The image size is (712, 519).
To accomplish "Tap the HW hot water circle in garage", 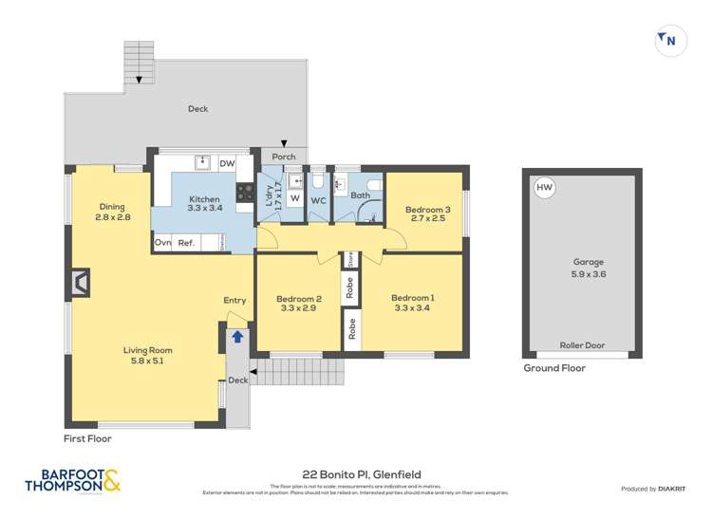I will coord(545,189).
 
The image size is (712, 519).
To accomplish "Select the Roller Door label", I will coord(582,345).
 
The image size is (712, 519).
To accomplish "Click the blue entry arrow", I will coord(237,335).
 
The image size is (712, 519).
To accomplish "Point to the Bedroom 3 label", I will coord(424,209).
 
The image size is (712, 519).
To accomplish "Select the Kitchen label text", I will coord(204,199).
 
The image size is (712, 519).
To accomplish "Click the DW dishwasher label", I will coord(227,164).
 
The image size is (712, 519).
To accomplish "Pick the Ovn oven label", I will coord(163,243).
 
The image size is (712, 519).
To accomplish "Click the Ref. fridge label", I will coord(186,243).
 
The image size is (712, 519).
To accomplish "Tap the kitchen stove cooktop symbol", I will coord(244,194).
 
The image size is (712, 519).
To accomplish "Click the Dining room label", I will coord(112,207).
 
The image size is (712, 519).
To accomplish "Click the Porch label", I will coord(283,157).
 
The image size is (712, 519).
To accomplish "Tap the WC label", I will coord(319,200).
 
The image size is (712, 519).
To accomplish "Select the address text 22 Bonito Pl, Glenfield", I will coord(362,474).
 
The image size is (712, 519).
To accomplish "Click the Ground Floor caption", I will coord(554,368).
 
